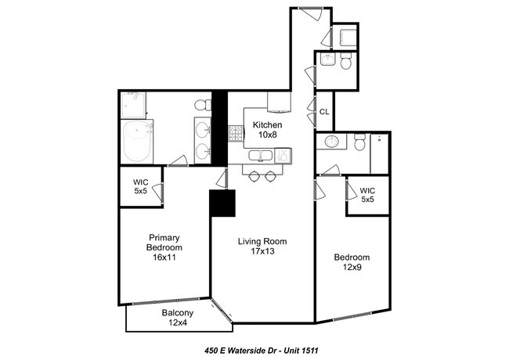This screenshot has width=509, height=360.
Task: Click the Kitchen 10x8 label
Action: coord(267,130)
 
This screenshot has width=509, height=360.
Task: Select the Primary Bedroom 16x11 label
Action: coord(165,247)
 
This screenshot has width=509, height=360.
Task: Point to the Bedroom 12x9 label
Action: coord(352,262)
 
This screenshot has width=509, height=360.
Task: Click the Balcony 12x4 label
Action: coord(177,318)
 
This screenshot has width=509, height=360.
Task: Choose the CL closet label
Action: coord(324,112)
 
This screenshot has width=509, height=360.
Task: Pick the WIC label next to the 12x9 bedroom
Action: coord(367,195)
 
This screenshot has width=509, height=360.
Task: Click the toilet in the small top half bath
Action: coord(345,63)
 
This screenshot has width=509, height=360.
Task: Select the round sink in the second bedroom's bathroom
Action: coord(330,142)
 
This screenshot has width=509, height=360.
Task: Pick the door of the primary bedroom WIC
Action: coord(159,189)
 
